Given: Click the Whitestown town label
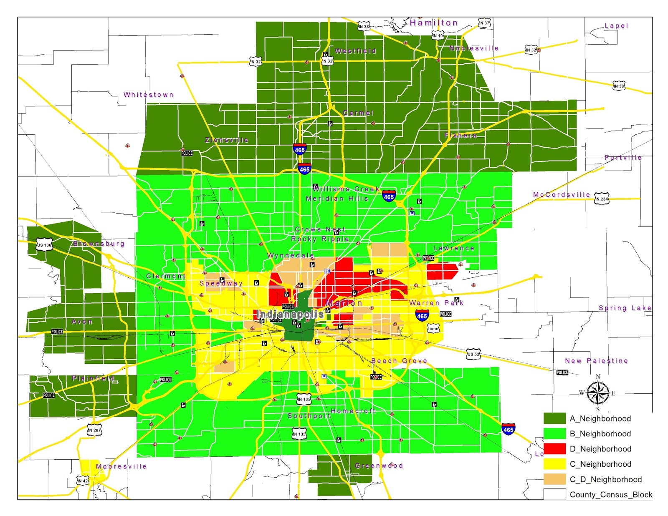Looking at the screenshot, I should click(148, 95).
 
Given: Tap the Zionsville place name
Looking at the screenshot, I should click(227, 140).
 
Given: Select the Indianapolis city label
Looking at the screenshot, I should click(290, 314).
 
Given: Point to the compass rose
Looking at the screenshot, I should click(598, 393).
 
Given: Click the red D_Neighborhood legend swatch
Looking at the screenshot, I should click(554, 449).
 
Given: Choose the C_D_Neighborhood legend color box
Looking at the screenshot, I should click(554, 479).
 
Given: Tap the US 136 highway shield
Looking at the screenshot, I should click(44, 245).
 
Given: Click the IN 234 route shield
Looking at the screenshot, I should click(602, 199).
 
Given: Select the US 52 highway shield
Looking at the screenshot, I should click(473, 354).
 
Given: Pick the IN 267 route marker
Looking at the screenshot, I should click(94, 430).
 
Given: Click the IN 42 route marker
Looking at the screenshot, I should click(83, 481).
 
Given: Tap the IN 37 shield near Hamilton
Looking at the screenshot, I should click(484, 23).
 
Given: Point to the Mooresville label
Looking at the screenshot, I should click(121, 466).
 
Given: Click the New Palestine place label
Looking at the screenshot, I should click(596, 361).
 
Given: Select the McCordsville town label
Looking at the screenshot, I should click(562, 195).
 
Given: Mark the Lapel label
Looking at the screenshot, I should click(616, 26).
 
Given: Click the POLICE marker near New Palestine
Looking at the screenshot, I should click(562, 373).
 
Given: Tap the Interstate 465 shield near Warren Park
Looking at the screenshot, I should click(422, 316).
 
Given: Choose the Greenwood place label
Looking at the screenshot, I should click(379, 466).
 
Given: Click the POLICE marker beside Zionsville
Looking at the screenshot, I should click(187, 153).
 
